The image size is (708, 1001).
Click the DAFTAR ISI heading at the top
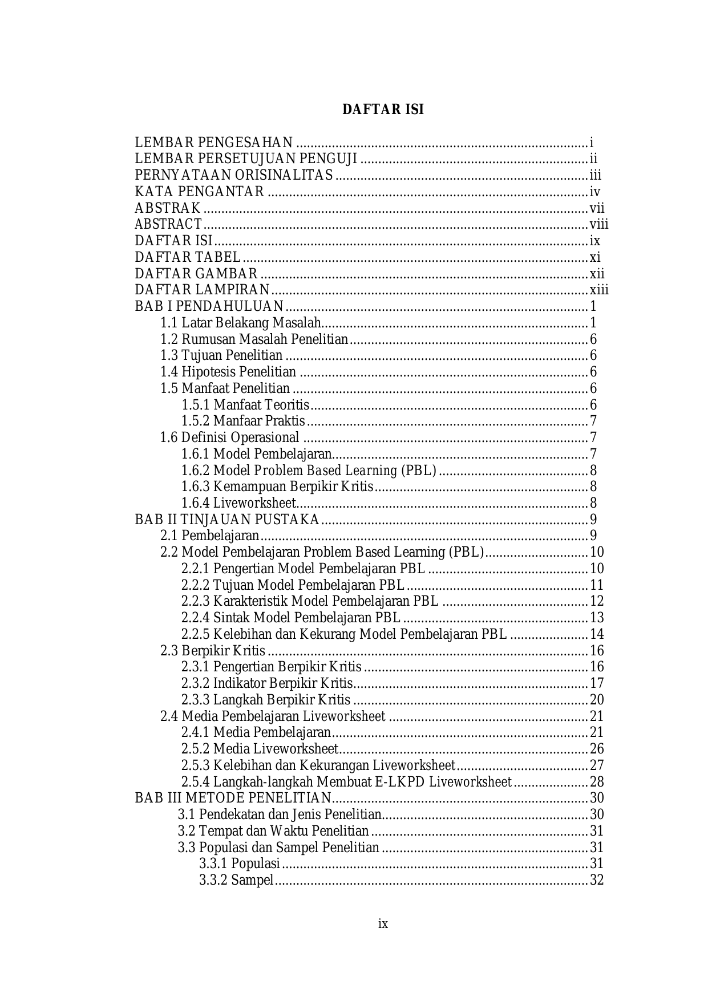[x=383, y=110]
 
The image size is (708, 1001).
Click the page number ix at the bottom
[x=383, y=924]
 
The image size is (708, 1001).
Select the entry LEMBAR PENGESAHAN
[x=214, y=143]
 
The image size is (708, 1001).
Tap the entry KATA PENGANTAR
[x=199, y=192]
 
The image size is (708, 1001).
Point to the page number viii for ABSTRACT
[x=599, y=225]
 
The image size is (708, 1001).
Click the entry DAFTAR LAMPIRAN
[x=202, y=290]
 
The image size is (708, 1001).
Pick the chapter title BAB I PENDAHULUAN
[x=209, y=307]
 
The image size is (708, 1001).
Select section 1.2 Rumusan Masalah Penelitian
[x=254, y=340]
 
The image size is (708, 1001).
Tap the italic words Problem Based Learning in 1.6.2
[x=325, y=471]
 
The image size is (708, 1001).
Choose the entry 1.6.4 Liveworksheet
[x=238, y=504]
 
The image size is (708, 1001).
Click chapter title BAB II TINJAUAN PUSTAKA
[x=226, y=520]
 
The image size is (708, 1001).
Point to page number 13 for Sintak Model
[x=597, y=618]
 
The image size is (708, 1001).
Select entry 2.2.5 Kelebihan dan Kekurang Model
[x=343, y=635]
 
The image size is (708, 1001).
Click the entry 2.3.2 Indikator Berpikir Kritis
[x=266, y=684]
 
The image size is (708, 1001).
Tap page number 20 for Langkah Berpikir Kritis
[x=597, y=700]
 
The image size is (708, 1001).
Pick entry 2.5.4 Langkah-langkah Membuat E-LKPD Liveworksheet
[x=346, y=782]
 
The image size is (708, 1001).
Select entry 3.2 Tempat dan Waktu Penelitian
[x=273, y=832]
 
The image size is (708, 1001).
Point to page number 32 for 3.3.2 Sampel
[x=597, y=881]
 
